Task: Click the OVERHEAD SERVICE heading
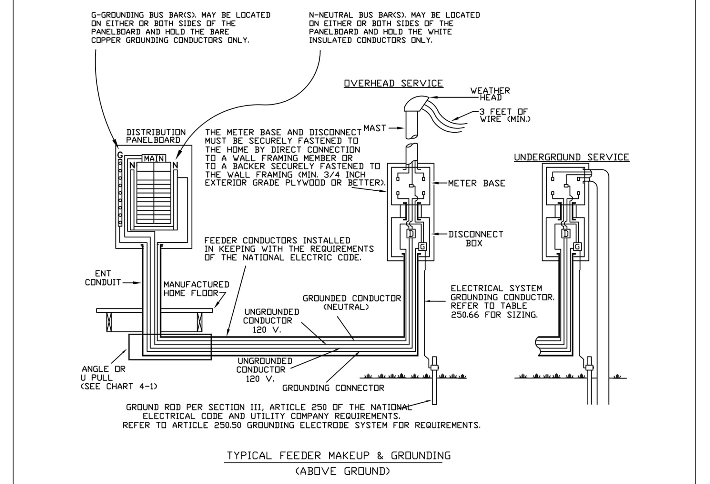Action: (393, 83)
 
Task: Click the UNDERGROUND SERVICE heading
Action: (571, 157)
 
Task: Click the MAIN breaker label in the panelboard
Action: (154, 158)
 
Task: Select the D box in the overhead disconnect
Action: (411, 233)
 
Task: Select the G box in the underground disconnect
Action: (577, 247)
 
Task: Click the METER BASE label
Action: (476, 183)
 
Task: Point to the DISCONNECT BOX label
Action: (475, 238)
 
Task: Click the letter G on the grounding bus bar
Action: (120, 155)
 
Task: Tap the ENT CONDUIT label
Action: (103, 278)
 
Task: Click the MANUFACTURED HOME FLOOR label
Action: (196, 289)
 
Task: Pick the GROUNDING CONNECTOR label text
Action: (333, 388)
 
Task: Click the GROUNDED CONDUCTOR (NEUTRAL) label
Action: (351, 302)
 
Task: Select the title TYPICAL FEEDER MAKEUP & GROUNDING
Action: (339, 456)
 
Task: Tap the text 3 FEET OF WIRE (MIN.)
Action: (504, 115)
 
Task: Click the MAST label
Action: (375, 128)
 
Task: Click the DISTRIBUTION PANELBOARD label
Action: (156, 136)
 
